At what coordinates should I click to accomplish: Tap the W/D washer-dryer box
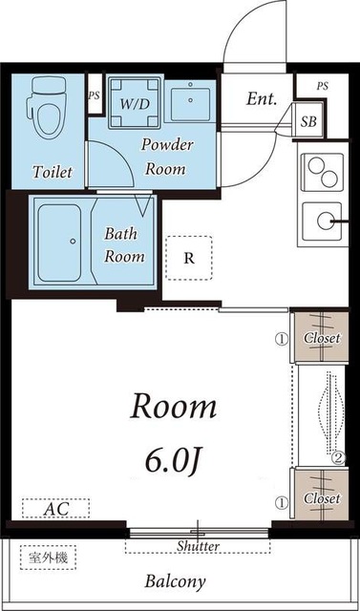135,103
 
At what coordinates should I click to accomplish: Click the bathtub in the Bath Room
60,242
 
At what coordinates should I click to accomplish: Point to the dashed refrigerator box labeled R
189,258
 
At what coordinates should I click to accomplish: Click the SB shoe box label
308,122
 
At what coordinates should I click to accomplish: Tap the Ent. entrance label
262,98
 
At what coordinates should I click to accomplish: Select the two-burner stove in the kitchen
323,173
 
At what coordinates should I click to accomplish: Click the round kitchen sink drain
325,221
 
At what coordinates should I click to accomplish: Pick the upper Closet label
322,338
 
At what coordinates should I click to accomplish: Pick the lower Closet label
322,498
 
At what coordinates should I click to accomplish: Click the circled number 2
339,458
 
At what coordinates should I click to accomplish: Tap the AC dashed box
55,509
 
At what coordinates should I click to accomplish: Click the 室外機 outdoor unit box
48,558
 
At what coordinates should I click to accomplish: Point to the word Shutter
199,546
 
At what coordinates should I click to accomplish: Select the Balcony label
175,582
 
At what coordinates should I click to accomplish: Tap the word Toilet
53,172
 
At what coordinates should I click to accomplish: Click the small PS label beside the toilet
94,95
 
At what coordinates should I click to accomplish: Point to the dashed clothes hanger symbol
330,413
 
